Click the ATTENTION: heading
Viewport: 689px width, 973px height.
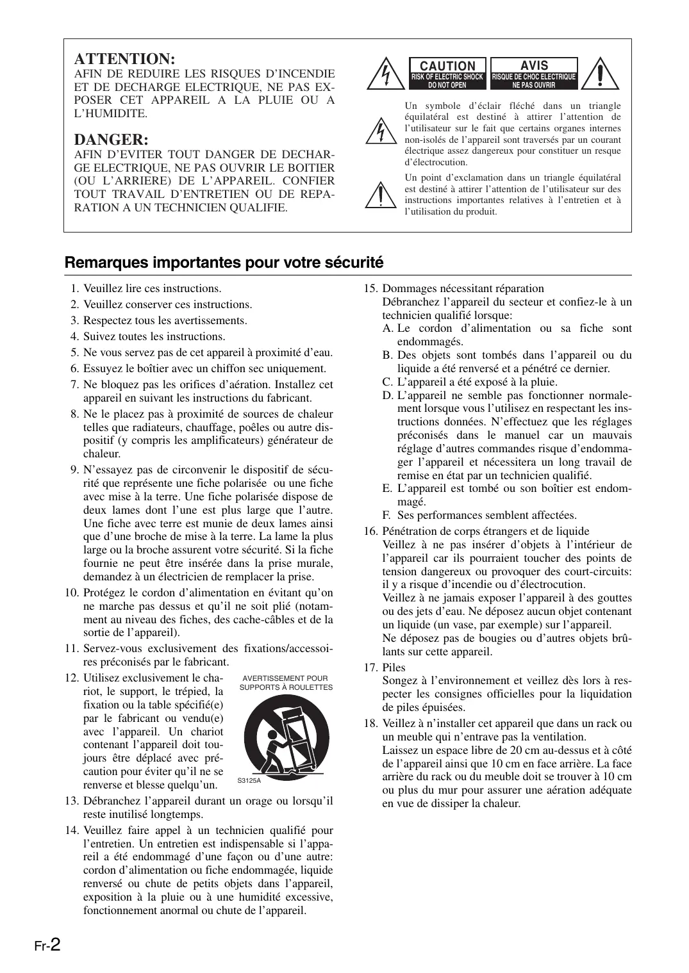[125, 58]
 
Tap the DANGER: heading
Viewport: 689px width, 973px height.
[112, 139]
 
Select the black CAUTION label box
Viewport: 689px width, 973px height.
[448, 73]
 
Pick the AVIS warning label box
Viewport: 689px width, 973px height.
[534, 73]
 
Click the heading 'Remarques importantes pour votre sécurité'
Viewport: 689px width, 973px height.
[224, 263]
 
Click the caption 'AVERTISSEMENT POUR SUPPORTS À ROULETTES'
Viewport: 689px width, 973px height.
[286, 683]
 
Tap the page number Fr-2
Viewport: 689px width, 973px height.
[47, 945]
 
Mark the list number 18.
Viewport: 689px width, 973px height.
[370, 724]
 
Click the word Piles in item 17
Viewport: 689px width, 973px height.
[394, 667]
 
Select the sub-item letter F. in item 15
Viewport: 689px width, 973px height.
[386, 515]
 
